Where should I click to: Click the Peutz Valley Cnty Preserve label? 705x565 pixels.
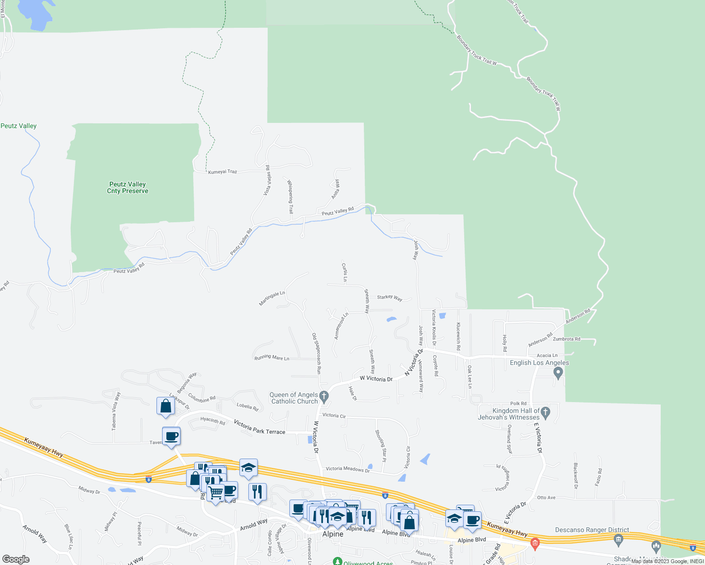[127, 187]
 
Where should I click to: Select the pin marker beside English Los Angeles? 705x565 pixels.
[558, 373]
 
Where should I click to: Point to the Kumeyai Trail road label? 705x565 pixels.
[222, 172]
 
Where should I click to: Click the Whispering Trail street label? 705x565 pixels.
[290, 196]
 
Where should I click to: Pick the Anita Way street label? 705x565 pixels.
[335, 189]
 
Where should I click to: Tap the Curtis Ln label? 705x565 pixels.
[344, 273]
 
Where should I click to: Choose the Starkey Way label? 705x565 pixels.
[390, 298]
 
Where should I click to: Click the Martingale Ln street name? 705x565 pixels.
[272, 299]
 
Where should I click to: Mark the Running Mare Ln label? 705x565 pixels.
[272, 358]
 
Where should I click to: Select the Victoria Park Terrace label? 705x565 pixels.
[260, 428]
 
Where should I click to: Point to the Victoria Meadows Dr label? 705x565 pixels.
[348, 469]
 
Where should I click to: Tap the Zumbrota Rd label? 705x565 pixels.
[566, 339]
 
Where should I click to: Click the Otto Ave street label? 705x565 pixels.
[546, 498]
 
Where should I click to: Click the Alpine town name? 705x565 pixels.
[333, 534]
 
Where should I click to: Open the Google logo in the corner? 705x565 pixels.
[16, 559]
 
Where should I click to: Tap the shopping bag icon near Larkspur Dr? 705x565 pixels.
[165, 406]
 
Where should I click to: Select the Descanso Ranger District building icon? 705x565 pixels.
[618, 538]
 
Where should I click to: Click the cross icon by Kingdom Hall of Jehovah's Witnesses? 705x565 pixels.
[545, 412]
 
